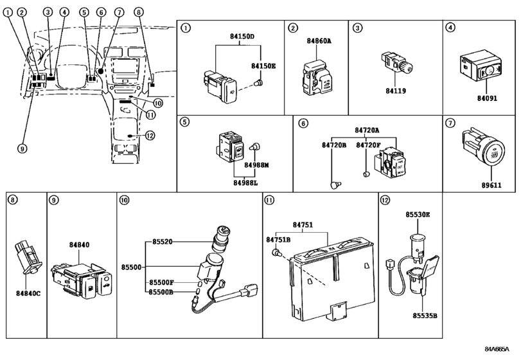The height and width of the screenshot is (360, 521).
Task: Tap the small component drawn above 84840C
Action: click(27, 254)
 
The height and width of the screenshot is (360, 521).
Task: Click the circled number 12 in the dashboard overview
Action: click(150, 135)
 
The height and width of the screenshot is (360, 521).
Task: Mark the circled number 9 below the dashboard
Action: click(22, 148)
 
